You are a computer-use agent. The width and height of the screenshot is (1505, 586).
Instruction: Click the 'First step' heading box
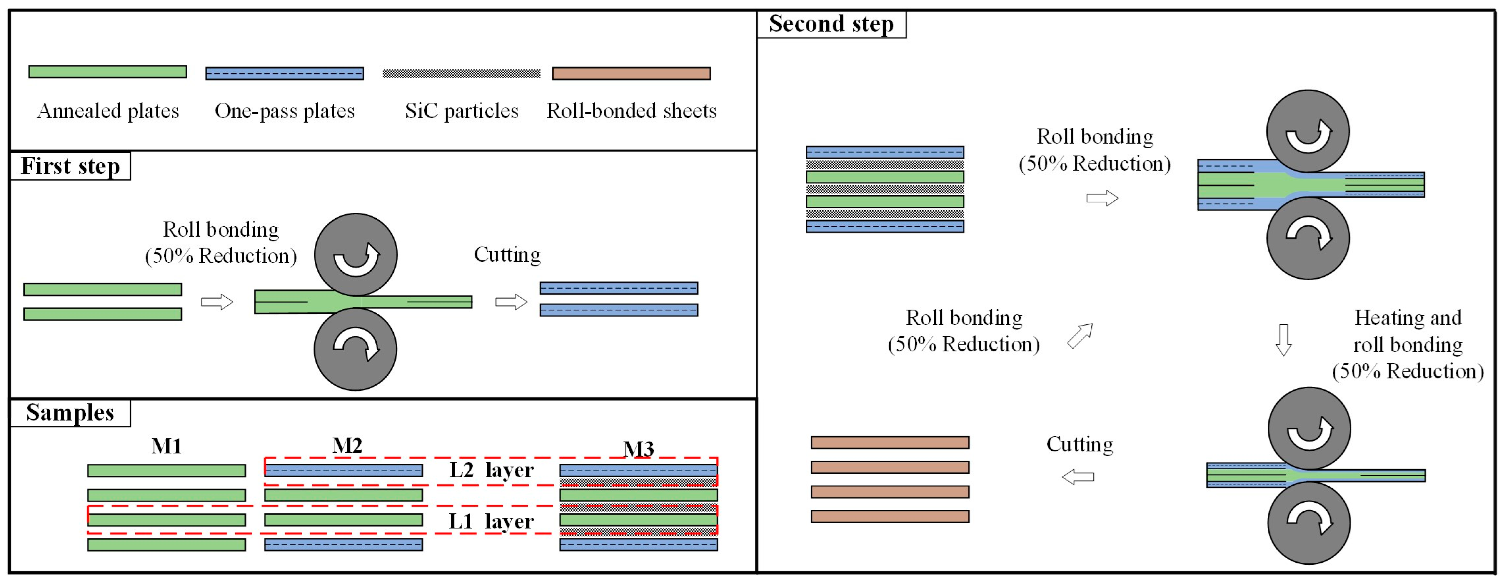pos(70,166)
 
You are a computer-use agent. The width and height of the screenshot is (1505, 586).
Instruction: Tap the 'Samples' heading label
pos(70,412)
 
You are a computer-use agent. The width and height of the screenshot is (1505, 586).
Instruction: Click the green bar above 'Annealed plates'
pos(108,72)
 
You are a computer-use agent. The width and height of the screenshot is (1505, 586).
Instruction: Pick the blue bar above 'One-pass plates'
pos(285,74)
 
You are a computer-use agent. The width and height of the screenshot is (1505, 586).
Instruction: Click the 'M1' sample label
pos(166,446)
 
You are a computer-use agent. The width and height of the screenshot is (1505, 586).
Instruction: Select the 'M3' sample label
pos(638,449)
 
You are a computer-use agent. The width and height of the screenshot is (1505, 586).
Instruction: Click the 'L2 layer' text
pos(491,470)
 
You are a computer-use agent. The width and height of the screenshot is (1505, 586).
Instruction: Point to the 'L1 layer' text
pos(491,521)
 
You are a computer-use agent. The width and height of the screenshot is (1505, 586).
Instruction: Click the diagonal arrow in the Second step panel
pos(1080,337)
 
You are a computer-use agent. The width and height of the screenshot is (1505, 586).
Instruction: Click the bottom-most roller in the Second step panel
pos(1309,523)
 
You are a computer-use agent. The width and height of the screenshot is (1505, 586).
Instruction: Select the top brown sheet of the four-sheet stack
pos(890,442)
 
